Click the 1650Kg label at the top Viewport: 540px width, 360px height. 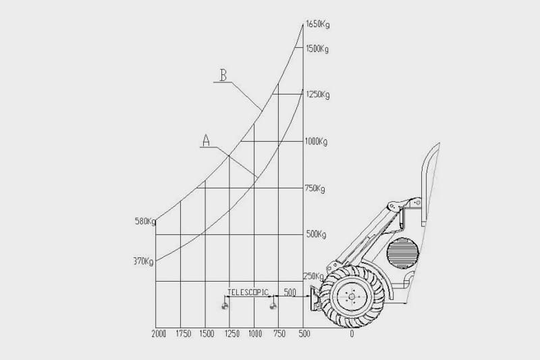[x=317, y=24]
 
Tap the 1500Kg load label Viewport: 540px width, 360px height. [x=317, y=49]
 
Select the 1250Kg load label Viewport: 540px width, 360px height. [x=317, y=95]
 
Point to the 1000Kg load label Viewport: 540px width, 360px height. [x=316, y=142]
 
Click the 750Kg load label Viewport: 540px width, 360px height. [x=315, y=189]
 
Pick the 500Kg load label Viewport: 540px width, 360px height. [x=316, y=234]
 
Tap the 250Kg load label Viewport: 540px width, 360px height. [x=313, y=276]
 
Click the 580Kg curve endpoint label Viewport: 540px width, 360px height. [x=145, y=222]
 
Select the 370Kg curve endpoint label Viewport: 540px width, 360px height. [x=144, y=261]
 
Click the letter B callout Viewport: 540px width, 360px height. [x=223, y=75]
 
